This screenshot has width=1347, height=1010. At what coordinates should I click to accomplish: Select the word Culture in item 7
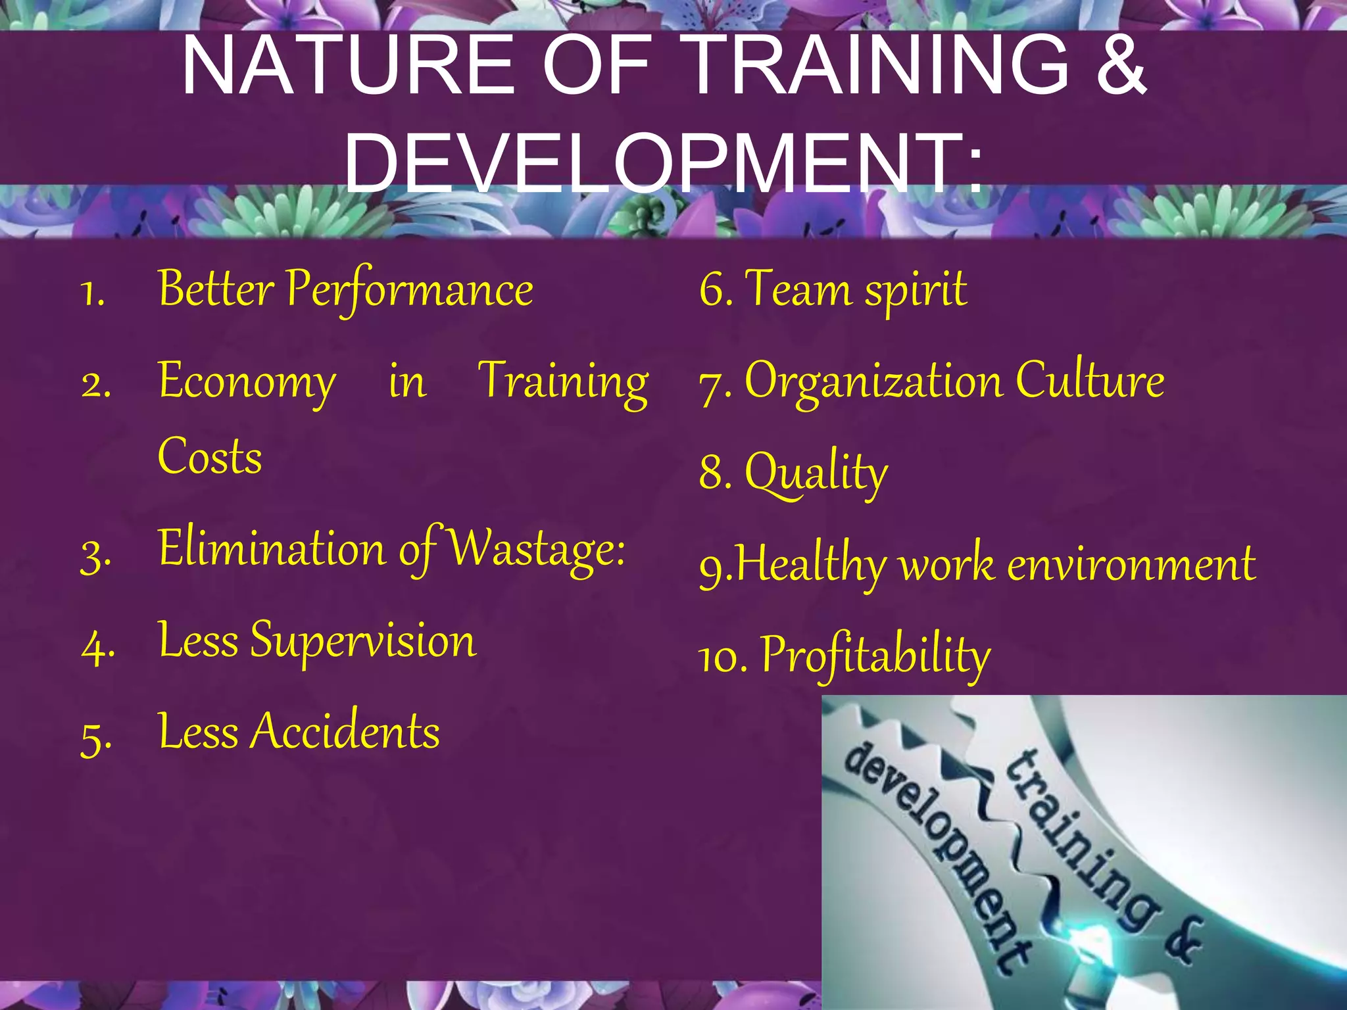pyautogui.click(x=1090, y=381)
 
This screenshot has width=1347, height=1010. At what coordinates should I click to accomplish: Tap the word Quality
pyautogui.click(x=816, y=473)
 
